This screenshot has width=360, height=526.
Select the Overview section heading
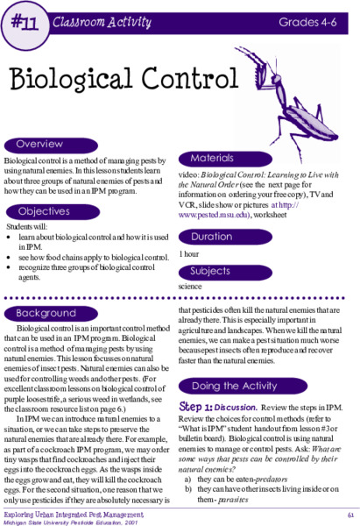click(x=39, y=144)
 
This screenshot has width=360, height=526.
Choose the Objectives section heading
click(x=44, y=210)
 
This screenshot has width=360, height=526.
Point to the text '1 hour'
click(x=187, y=253)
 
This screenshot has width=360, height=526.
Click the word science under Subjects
click(x=190, y=286)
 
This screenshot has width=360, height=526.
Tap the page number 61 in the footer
click(x=349, y=515)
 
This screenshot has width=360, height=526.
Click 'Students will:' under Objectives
click(x=24, y=226)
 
